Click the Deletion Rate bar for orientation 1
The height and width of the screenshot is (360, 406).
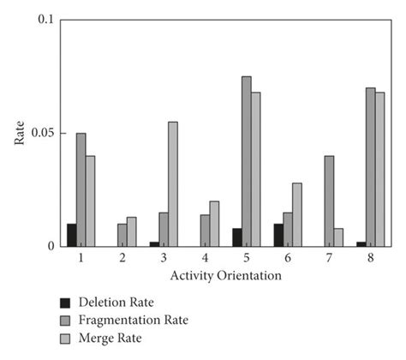point(72,236)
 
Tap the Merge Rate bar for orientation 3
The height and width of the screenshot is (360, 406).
point(173,184)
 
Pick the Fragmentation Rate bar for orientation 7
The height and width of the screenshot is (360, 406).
point(329,201)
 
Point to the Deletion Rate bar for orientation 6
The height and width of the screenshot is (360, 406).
point(278,236)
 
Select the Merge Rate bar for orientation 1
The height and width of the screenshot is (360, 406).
point(91,201)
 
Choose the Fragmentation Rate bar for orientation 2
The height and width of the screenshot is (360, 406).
point(122,236)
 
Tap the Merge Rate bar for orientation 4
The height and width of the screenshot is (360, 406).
point(215,225)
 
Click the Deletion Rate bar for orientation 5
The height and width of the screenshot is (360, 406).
point(236,237)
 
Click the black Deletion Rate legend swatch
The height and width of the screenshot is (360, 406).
point(63,303)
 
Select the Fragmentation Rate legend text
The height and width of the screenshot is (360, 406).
point(132,320)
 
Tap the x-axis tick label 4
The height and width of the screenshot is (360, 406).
point(206,258)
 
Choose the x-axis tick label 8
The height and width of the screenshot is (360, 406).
point(373,258)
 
